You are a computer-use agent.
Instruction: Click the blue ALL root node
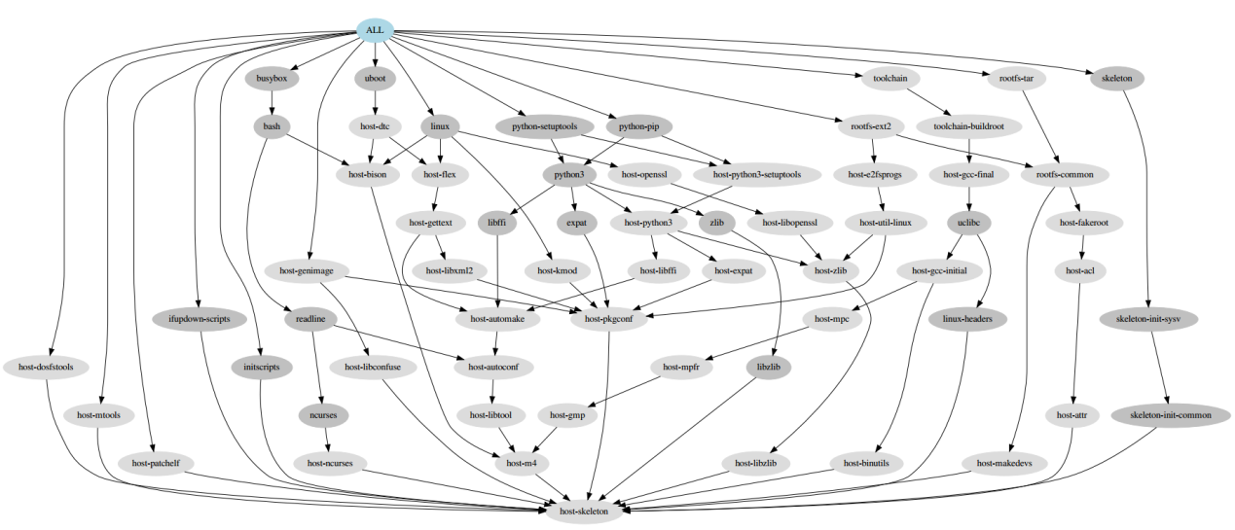[375, 30]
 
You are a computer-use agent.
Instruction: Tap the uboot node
[375, 78]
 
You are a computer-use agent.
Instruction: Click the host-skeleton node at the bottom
[584, 511]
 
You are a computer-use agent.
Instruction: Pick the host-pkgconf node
[609, 318]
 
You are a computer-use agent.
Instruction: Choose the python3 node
[568, 175]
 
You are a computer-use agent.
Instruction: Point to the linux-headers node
[966, 318]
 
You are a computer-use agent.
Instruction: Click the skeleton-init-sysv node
[1148, 318]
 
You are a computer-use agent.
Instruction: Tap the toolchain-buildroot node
[977, 126]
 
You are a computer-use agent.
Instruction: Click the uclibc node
[968, 223]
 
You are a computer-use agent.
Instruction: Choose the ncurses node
[323, 415]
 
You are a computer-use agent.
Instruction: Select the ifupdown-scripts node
[199, 318]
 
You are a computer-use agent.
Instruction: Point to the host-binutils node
[866, 463]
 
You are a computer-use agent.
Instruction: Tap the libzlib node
[770, 367]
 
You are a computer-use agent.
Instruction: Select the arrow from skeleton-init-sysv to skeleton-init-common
[1158, 366]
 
